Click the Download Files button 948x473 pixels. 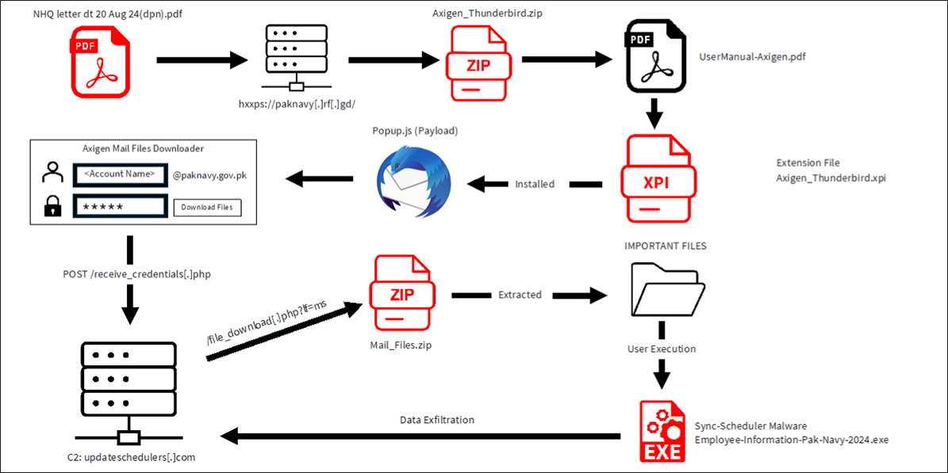[207, 208]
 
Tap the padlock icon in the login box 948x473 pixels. [53, 207]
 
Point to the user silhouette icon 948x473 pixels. [53, 174]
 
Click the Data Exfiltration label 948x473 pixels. [438, 419]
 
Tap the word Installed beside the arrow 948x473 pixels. [535, 184]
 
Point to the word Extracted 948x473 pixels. [520, 295]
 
